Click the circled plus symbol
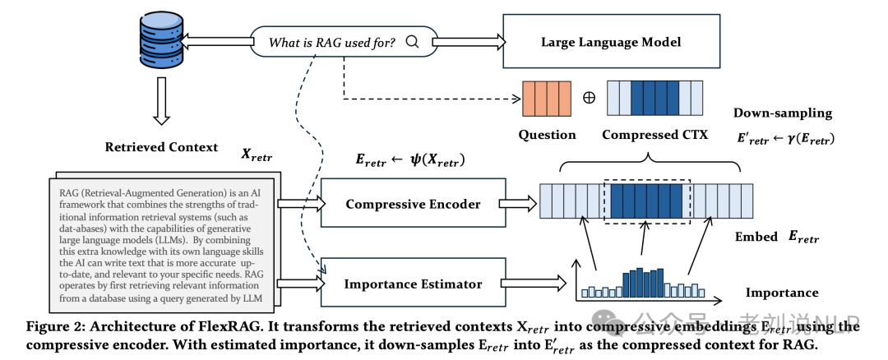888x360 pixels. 588,98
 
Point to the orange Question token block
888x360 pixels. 547,98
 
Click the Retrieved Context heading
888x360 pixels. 161,147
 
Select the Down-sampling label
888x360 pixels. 782,113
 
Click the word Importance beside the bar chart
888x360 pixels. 781,292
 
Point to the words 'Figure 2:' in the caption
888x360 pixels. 58,326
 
